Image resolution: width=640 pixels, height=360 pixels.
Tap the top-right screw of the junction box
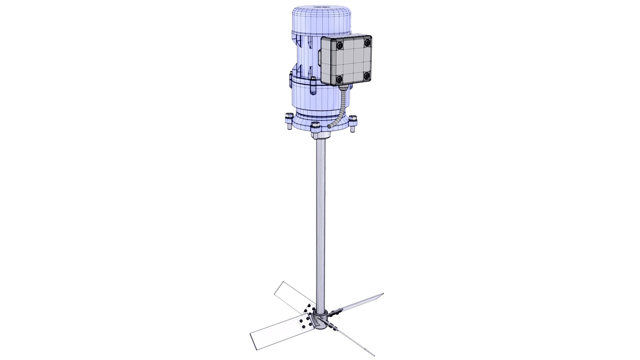pyautogui.click(x=367, y=43)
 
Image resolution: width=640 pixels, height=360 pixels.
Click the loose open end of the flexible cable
pyautogui.click(x=330, y=127)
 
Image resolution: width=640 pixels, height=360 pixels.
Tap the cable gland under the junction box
pyautogui.click(x=344, y=88)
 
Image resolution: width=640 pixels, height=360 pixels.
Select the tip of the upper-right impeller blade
pyautogui.click(x=383, y=295)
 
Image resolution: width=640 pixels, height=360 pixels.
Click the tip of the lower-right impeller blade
pyautogui.click(x=374, y=355)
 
